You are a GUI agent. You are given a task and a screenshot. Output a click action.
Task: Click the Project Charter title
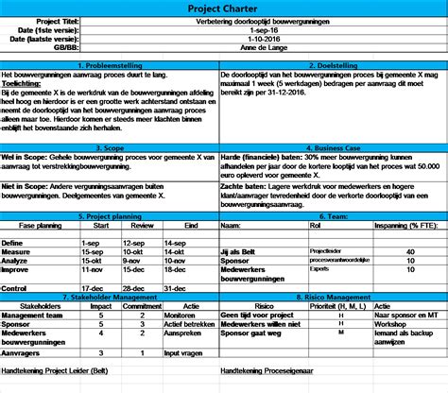[x=223, y=8]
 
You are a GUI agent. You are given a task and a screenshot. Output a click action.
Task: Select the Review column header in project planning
[x=142, y=227]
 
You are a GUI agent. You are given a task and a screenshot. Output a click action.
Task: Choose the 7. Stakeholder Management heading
[x=112, y=297]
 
